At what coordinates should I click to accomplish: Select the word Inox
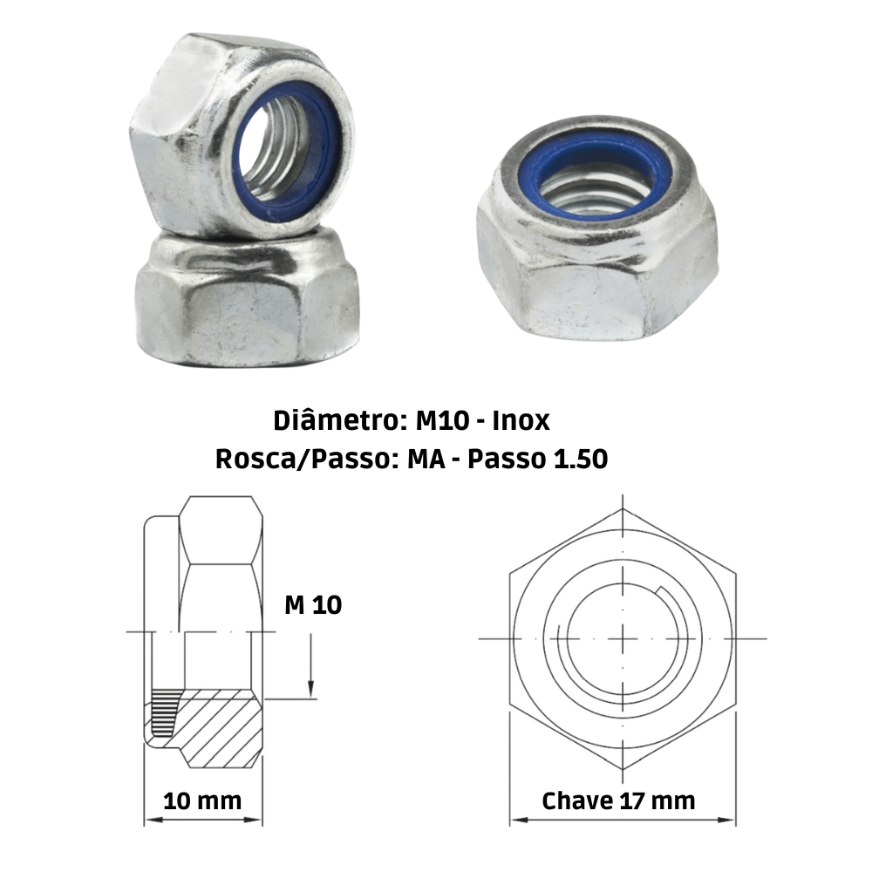[521, 420]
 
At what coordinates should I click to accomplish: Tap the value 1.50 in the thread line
[579, 460]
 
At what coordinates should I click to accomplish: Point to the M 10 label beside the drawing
[313, 604]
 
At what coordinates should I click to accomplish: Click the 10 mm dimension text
[202, 800]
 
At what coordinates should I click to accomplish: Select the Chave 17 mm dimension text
[618, 800]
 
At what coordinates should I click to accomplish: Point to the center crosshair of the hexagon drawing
[623, 638]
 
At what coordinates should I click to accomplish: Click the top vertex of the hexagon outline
[623, 508]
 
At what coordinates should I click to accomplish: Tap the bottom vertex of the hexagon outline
[623, 769]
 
